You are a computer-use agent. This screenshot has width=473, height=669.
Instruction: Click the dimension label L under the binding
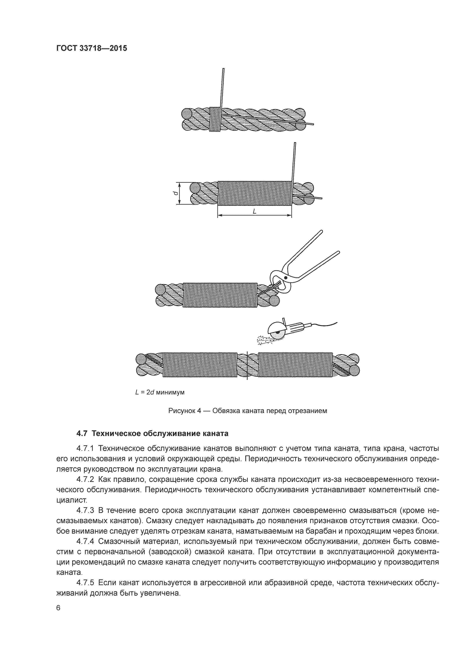[x=254, y=212]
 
